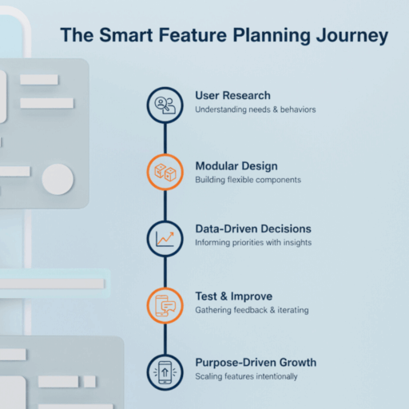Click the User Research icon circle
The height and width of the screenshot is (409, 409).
[x=165, y=105]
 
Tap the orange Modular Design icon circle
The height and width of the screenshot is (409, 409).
[x=165, y=171]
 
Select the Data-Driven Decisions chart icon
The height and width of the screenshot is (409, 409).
[x=165, y=237]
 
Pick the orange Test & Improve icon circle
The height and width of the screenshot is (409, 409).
[x=165, y=304]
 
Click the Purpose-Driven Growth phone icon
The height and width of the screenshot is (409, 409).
[x=165, y=371]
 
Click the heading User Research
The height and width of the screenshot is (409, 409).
[x=232, y=96]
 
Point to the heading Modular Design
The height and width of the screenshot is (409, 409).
[x=236, y=166]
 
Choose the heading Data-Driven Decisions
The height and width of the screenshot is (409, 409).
[x=253, y=229]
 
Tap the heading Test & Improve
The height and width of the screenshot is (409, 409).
[x=233, y=296]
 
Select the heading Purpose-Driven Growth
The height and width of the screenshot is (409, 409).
[x=256, y=363]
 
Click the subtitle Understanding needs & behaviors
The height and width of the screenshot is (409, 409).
[x=256, y=109]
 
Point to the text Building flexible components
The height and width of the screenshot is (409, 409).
[x=248, y=180]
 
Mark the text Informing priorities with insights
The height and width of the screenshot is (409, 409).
[x=253, y=243]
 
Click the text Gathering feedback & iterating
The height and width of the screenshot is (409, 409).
[x=252, y=310]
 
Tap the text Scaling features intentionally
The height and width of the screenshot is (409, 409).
[x=246, y=376]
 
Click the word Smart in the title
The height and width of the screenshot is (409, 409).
[x=129, y=36]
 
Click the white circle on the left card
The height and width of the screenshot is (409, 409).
[x=58, y=180]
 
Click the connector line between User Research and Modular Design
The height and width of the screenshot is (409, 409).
[x=165, y=138]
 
